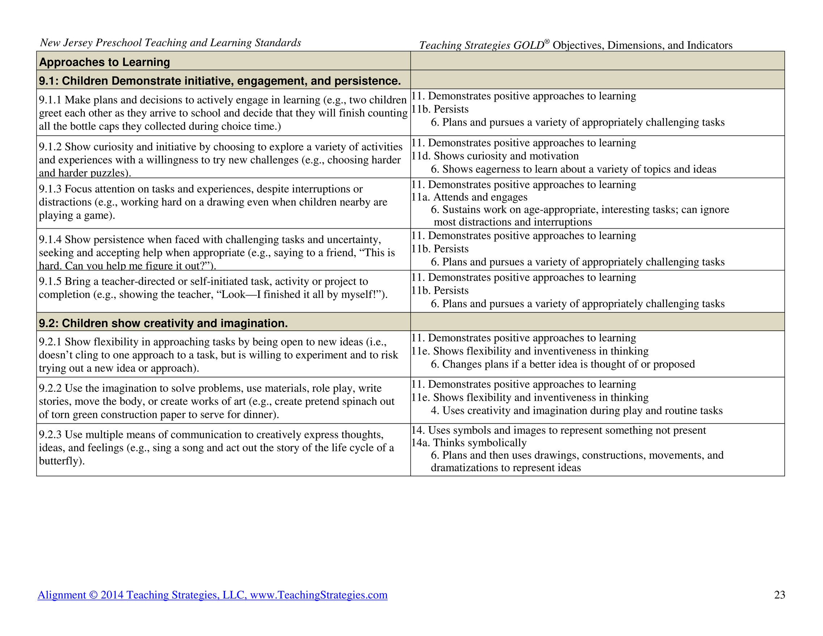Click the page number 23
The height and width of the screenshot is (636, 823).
pos(779,594)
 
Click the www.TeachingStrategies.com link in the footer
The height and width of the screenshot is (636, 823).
pos(318,594)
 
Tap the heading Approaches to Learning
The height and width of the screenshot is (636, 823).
pos(105,62)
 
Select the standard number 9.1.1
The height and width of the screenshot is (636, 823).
pos(50,100)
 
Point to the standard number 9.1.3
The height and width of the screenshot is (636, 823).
pos(50,189)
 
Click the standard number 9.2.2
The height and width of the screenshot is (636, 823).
pos(50,388)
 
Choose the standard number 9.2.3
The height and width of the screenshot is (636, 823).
pos(50,434)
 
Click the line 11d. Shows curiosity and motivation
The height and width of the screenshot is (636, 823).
pos(495,156)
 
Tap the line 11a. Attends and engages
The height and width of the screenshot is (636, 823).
pos(469,197)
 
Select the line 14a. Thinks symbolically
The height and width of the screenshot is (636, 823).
pos(469,443)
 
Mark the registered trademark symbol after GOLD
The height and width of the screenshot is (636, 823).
pos(547,42)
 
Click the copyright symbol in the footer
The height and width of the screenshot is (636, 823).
pos(93,595)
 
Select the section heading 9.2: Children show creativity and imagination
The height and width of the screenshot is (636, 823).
pos(163,323)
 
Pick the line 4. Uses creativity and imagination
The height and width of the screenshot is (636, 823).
pos(577,410)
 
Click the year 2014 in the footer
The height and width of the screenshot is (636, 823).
pos(112,594)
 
